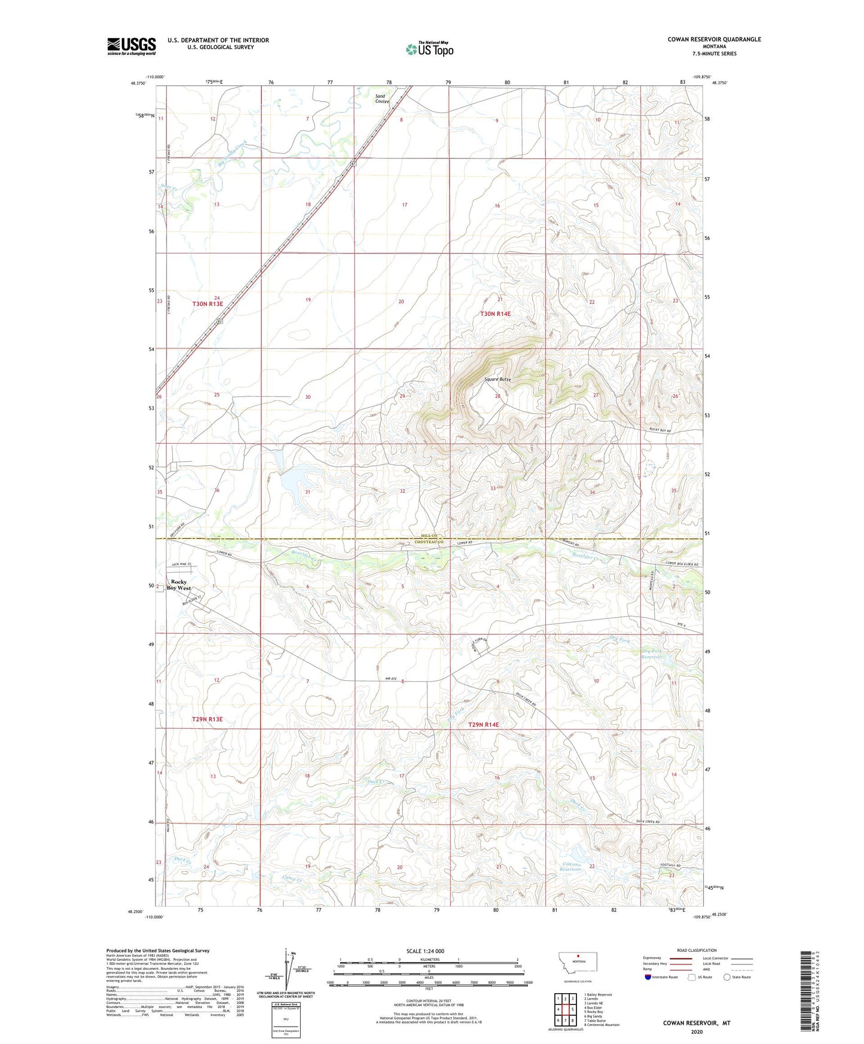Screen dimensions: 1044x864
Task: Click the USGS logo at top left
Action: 132,46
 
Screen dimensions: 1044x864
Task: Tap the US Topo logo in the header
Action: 430,49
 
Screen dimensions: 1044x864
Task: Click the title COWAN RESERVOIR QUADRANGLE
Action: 714,39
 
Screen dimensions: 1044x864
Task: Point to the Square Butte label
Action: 497,380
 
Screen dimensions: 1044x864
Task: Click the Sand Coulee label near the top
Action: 381,99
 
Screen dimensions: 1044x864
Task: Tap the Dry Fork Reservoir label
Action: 652,654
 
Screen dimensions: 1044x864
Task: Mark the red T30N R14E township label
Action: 496,313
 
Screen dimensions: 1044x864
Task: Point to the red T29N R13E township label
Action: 207,719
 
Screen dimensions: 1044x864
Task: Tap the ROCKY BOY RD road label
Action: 660,431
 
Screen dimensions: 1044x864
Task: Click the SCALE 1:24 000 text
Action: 425,951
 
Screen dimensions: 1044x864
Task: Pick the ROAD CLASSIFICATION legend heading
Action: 697,950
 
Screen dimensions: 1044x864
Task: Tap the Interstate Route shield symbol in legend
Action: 648,977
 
